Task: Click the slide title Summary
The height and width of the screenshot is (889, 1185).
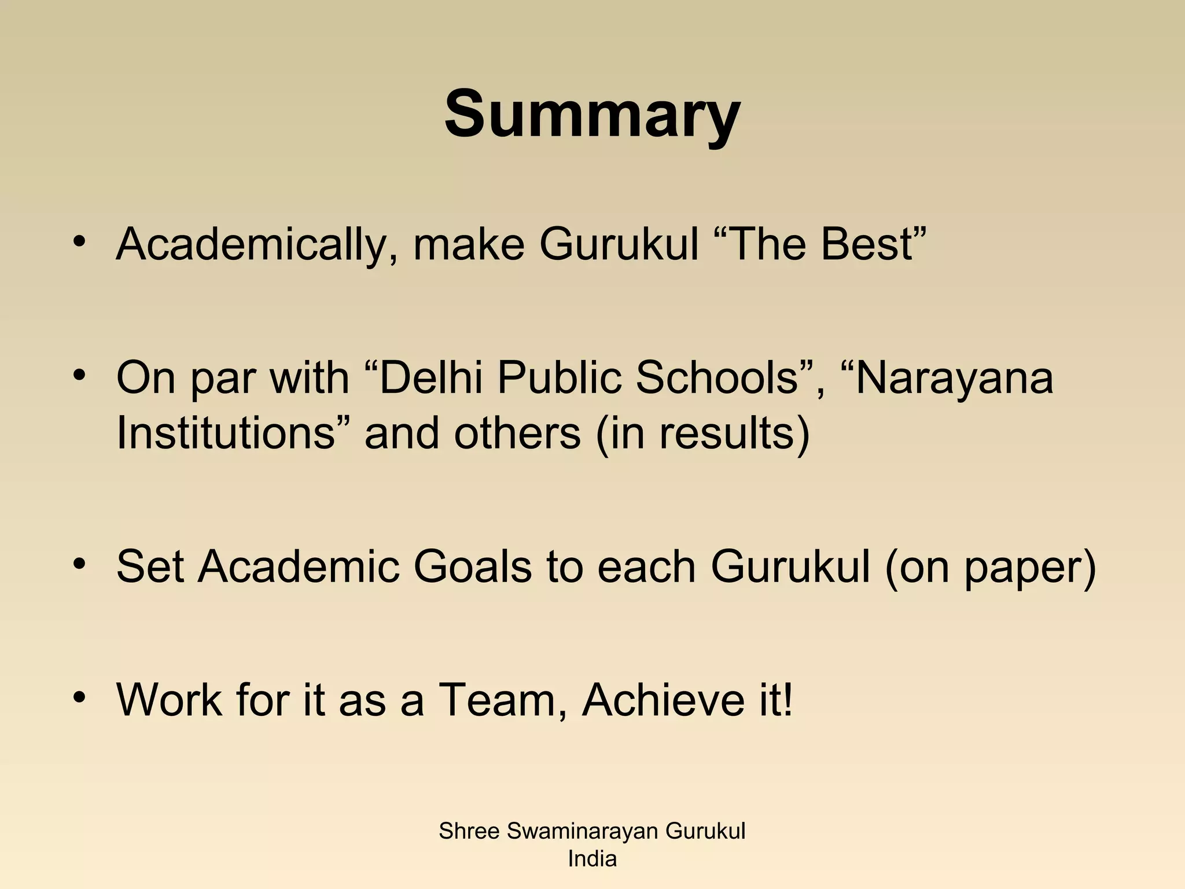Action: click(x=592, y=114)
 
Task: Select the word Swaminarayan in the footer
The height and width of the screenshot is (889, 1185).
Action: click(x=583, y=832)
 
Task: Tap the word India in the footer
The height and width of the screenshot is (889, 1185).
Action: click(x=592, y=859)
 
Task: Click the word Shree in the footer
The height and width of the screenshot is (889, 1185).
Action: click(x=469, y=832)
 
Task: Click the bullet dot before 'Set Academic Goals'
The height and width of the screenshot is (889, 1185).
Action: click(x=79, y=563)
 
